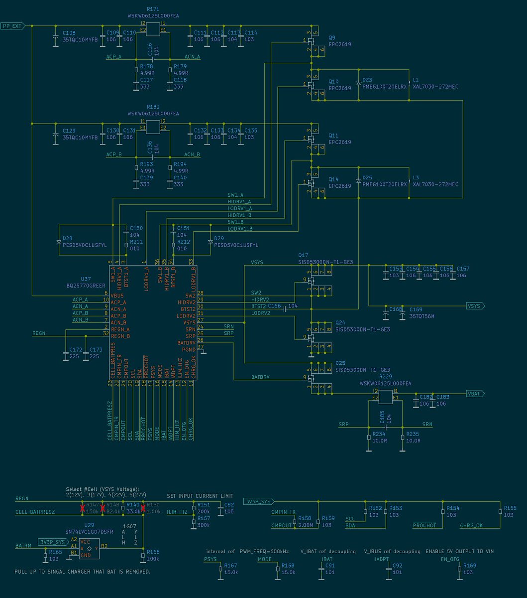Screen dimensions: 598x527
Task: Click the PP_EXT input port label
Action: (11, 26)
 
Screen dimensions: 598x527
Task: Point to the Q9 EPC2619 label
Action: (339, 41)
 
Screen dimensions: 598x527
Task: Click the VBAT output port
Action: (475, 394)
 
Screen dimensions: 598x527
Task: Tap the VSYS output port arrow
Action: (475, 306)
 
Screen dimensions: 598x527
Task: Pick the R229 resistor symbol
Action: (386, 397)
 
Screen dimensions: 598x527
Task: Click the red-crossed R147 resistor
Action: (83, 508)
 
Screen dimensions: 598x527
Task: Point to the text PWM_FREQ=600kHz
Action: (264, 552)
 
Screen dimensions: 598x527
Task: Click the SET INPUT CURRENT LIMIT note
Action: (200, 496)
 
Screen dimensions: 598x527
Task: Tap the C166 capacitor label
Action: (274, 305)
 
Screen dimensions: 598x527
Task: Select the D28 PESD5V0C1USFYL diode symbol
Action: (59, 242)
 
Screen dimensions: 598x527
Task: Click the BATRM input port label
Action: (23, 546)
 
